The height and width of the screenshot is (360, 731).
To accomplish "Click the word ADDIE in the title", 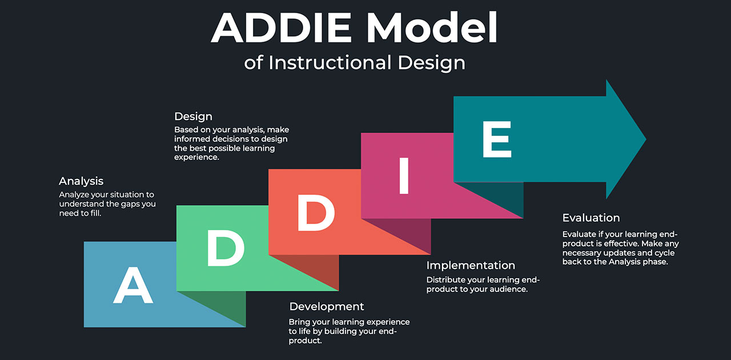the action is [x=281, y=27].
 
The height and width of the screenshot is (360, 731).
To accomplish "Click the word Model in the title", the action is [x=432, y=27].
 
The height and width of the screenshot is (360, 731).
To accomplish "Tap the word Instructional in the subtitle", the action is [x=330, y=62].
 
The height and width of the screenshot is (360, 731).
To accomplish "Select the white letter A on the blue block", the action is [x=133, y=285].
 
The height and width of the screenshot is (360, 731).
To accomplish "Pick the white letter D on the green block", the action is [x=226, y=247].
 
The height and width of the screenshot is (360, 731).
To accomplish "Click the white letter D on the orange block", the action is [x=316, y=213].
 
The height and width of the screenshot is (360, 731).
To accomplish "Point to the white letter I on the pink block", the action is [x=404, y=176].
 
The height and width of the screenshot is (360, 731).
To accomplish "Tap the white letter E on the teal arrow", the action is [x=497, y=139].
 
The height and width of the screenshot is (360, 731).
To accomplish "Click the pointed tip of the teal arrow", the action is [x=646, y=139].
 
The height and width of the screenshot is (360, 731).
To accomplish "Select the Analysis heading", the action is [x=81, y=181].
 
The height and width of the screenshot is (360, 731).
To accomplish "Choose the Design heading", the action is [x=193, y=117].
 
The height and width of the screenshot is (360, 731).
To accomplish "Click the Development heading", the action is [x=326, y=307].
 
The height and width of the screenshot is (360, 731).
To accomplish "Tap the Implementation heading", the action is [x=471, y=265].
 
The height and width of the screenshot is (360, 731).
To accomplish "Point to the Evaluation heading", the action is [x=591, y=218].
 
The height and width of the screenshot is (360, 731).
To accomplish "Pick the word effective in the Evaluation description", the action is [x=622, y=243].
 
